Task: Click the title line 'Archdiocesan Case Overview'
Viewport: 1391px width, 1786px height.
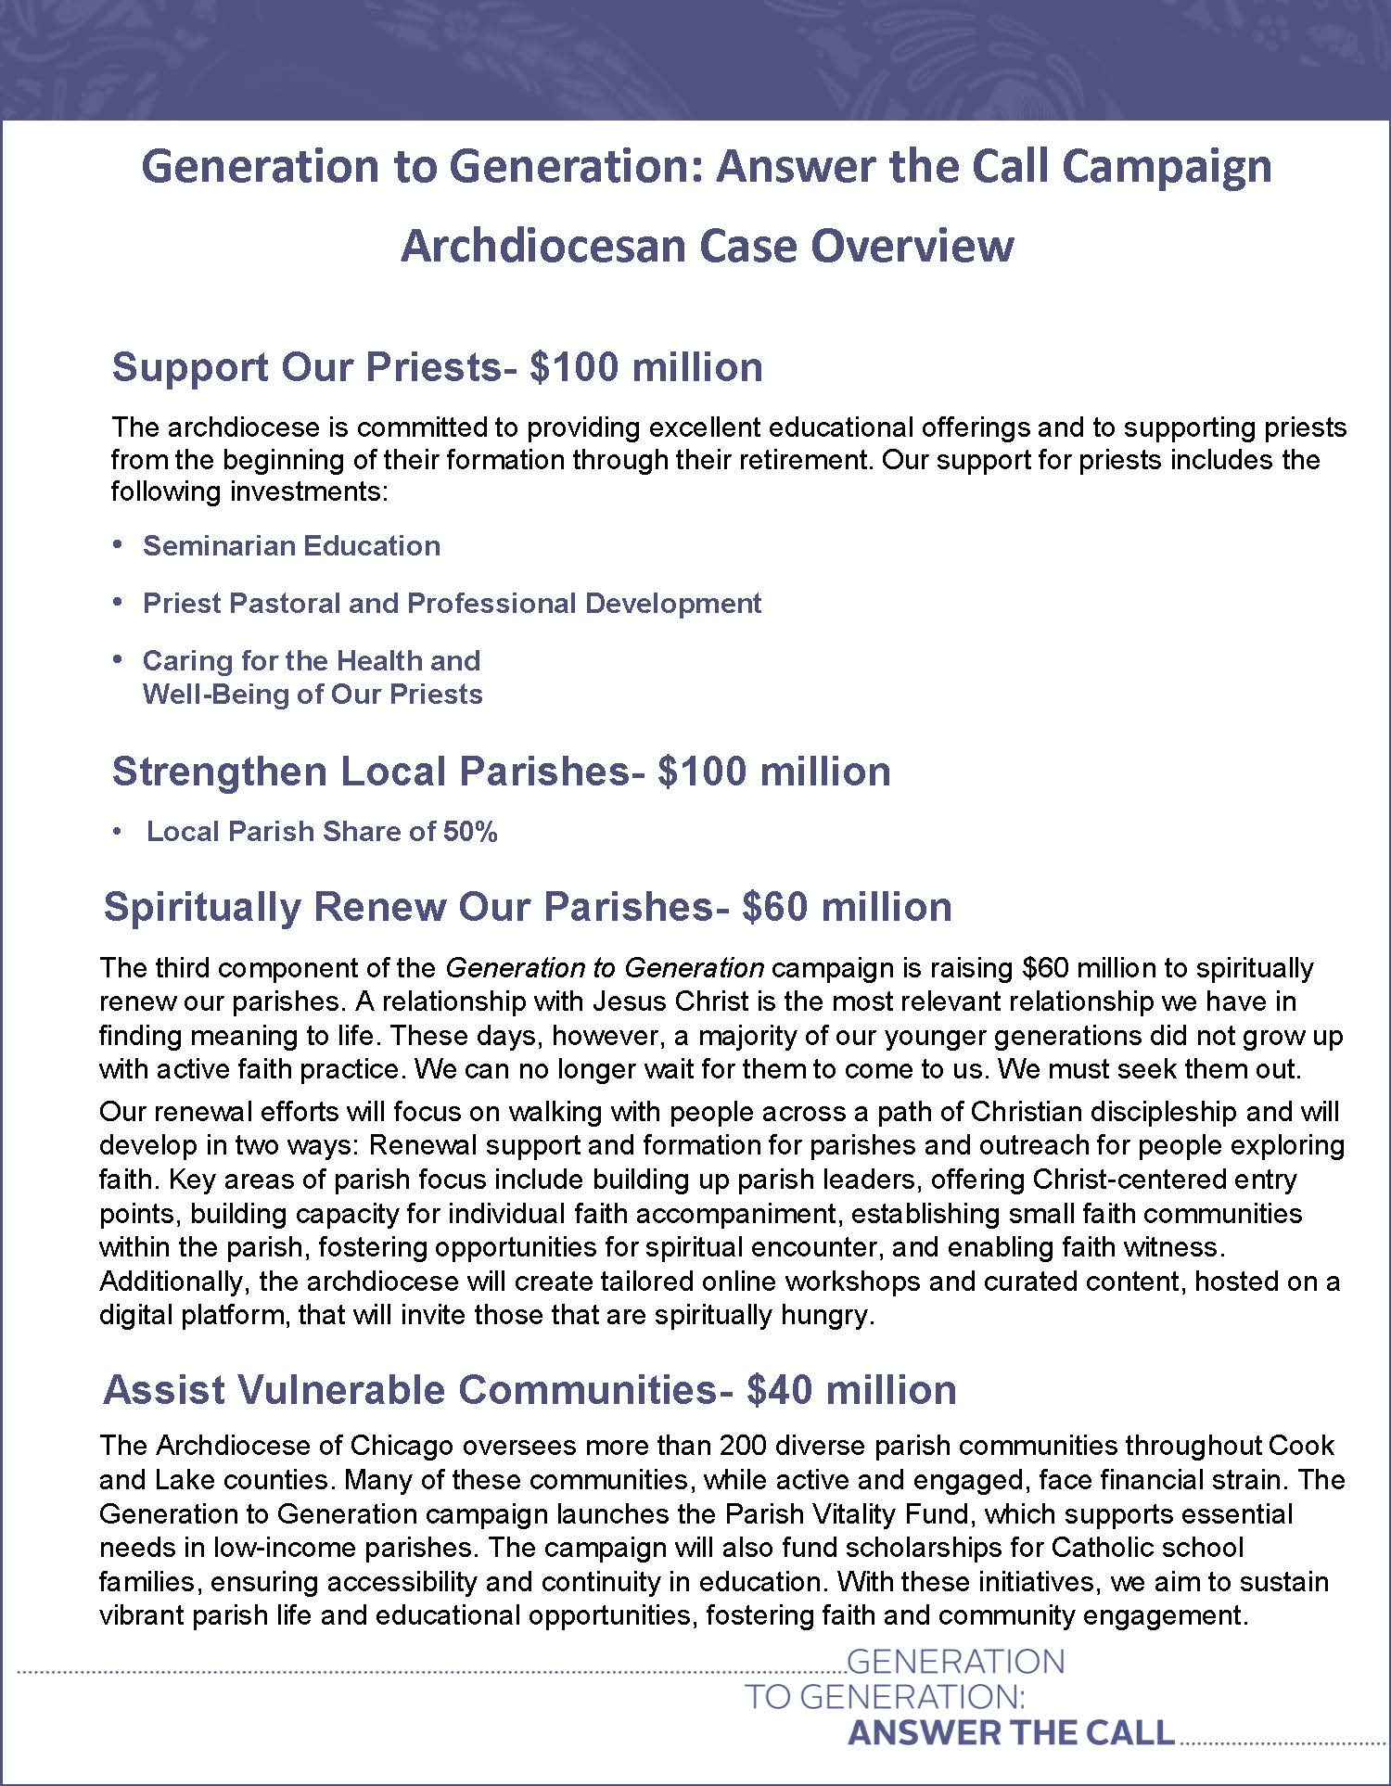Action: tap(707, 246)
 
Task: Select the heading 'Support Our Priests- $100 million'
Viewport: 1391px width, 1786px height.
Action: tap(437, 367)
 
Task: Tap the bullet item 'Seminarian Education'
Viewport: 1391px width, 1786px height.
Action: tap(291, 545)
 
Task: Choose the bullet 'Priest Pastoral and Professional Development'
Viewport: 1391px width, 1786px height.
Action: tap(452, 603)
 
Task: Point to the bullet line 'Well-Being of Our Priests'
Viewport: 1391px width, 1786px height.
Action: tap(313, 695)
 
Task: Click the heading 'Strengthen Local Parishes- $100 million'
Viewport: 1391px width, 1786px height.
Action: tap(501, 772)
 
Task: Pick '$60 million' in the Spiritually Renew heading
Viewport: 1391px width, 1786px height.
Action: tap(847, 906)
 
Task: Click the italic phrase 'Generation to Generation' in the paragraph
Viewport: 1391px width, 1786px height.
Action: tap(605, 968)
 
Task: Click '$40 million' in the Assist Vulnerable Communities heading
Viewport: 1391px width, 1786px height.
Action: tap(850, 1390)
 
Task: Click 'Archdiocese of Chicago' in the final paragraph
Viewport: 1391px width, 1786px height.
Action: tap(304, 1446)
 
